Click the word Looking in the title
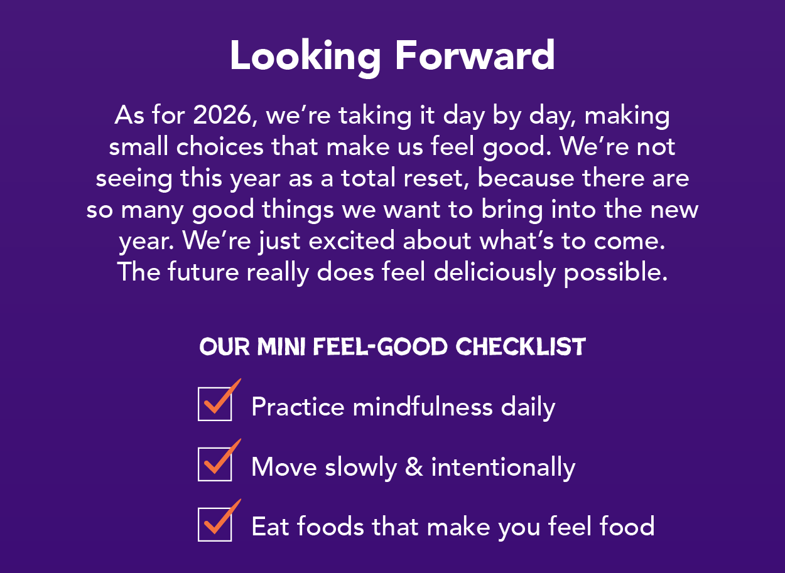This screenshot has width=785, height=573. click(x=305, y=56)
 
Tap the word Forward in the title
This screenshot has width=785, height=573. click(x=475, y=56)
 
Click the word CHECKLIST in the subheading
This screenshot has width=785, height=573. click(x=521, y=347)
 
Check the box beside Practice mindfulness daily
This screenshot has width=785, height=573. click(x=215, y=404)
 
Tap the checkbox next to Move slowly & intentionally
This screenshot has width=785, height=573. click(x=215, y=464)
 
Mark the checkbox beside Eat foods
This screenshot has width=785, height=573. click(x=215, y=524)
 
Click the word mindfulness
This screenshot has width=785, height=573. click(x=423, y=407)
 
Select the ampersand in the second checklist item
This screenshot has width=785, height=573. click(x=414, y=468)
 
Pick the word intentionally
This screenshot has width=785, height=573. click(x=503, y=468)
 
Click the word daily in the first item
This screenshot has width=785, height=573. click(x=528, y=407)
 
